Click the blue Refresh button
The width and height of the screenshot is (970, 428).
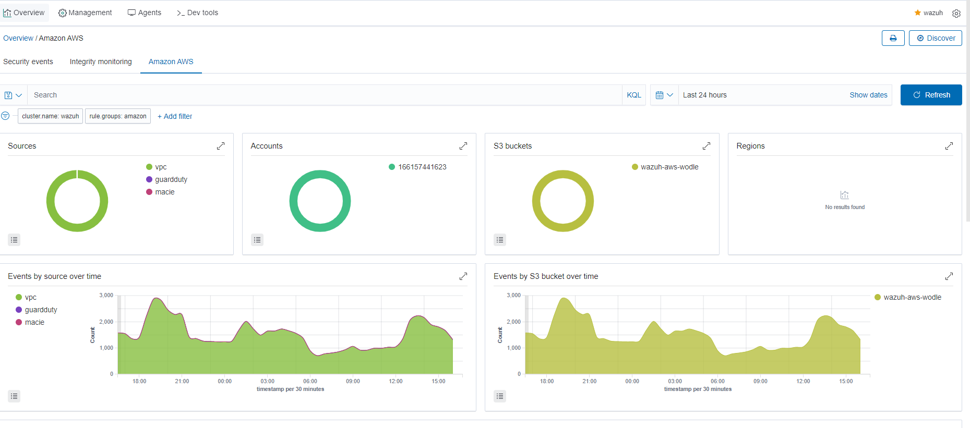pos(931,95)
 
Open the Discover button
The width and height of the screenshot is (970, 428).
pos(936,38)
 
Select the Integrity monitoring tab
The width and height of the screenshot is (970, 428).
pos(101,62)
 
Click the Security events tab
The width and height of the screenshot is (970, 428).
pos(28,62)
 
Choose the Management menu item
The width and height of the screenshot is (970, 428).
pos(85,13)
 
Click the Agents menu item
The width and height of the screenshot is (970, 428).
pos(145,13)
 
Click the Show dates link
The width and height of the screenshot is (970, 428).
pos(868,95)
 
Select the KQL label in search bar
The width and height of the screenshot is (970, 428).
pos(634,95)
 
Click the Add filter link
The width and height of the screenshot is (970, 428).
pos(175,116)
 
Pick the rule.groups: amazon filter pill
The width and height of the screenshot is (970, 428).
pos(118,116)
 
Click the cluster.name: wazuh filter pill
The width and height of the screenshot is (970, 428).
pos(51,116)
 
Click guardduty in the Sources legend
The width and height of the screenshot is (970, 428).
pos(171,179)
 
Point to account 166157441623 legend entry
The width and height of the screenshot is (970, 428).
pos(422,167)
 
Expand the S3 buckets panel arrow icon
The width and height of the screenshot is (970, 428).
pos(706,146)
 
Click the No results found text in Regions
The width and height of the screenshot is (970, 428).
pos(845,207)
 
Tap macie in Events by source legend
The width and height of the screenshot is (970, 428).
pos(34,322)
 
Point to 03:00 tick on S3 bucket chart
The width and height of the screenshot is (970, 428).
pos(675,381)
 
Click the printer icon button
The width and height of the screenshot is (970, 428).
pos(893,38)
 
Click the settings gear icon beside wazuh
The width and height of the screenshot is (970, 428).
pos(956,13)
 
